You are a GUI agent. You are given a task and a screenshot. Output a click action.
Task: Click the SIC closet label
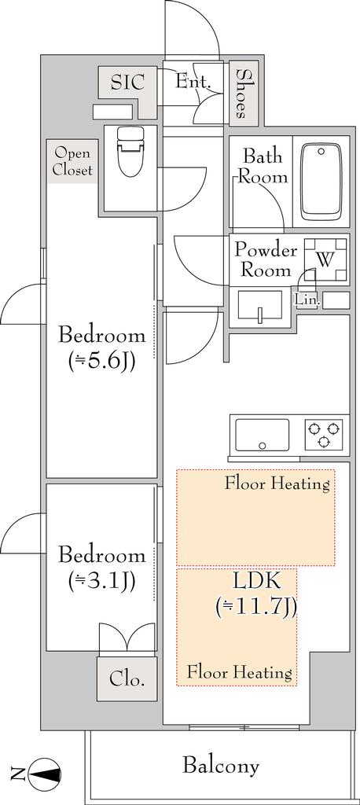127,82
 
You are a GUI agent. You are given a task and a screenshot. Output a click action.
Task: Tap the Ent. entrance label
193,81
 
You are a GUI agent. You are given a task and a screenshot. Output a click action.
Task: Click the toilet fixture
130,152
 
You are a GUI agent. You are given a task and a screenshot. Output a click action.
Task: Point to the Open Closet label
73,161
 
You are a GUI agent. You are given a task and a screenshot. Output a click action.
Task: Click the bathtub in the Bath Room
321,182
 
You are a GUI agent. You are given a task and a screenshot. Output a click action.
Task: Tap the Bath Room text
263,166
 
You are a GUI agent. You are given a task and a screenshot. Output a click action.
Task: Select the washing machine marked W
325,260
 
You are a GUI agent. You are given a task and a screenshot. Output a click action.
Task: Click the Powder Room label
266,260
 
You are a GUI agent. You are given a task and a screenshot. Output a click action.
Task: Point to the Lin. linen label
307,301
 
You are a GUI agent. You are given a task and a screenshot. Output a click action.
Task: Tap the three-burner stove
324,434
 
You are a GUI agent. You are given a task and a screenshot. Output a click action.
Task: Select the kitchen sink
262,434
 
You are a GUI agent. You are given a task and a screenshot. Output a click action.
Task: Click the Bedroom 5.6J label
101,349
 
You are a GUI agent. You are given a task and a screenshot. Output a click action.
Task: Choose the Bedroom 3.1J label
101,568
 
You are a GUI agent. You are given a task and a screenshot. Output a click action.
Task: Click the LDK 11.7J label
256,594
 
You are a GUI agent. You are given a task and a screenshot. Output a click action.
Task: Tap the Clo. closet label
126,679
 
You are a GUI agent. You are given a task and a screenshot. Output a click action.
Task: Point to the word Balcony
220,766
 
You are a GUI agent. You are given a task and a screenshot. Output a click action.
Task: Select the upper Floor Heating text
277,483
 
